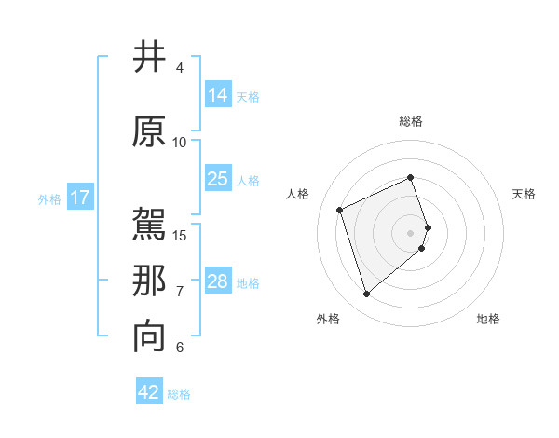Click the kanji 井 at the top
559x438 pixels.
[x=150, y=58]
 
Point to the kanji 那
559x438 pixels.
[x=150, y=281]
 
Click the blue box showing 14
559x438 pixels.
[x=218, y=94]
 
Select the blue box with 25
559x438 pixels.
[x=218, y=179]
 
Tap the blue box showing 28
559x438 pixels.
[x=218, y=281]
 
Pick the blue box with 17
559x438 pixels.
[x=79, y=198]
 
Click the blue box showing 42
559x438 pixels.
[x=149, y=392]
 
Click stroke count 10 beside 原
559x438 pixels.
[x=180, y=142]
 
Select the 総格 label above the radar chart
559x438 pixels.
[x=410, y=121]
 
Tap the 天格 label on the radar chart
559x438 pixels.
[x=524, y=194]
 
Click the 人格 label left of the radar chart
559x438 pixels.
[x=297, y=194]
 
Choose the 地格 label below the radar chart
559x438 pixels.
[x=488, y=319]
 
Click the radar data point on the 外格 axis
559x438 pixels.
[x=366, y=294]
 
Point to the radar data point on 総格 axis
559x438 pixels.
[x=410, y=177]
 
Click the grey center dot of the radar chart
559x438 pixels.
[x=410, y=232]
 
